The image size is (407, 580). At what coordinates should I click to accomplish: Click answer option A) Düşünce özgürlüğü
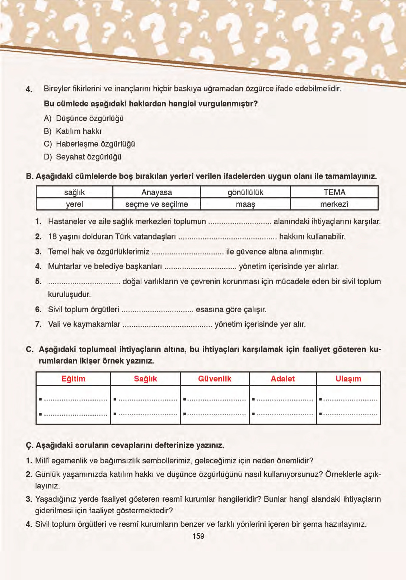(84, 118)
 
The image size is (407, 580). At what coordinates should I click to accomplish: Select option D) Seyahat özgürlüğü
(83, 157)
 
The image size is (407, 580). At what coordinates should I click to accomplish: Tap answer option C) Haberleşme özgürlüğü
(90, 144)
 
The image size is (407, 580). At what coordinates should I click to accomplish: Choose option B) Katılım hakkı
(73, 131)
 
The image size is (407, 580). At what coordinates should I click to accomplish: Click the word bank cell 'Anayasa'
(156, 192)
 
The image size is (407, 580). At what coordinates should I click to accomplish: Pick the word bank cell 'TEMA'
(334, 192)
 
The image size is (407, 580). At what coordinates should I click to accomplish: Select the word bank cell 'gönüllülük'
(245, 192)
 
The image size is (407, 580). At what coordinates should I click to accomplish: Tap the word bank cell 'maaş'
(245, 204)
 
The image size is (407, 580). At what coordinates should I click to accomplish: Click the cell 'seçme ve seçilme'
(156, 204)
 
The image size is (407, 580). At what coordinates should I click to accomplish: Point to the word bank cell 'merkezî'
(334, 204)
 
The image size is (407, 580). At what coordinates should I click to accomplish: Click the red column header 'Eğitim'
(73, 379)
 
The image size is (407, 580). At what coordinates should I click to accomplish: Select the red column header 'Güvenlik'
(215, 379)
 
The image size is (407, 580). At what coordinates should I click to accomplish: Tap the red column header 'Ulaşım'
(348, 379)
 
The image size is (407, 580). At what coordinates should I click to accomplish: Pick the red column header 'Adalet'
(282, 379)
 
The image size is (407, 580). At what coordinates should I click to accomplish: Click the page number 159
(198, 536)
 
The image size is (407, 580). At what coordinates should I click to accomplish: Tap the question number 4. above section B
(29, 89)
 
